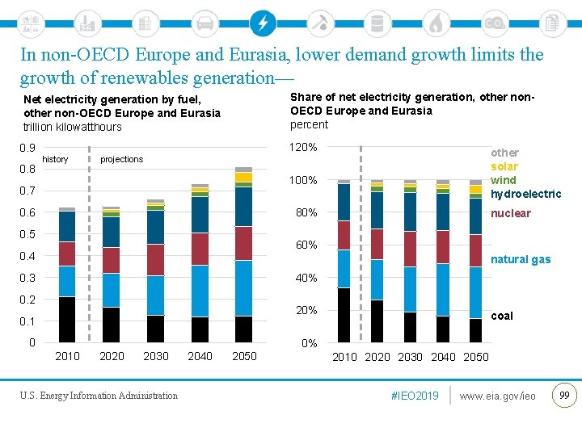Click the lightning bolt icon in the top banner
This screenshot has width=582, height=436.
pos(262,23)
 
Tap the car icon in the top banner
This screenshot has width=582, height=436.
pos(205,23)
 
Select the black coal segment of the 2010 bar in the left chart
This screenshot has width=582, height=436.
pos(67,320)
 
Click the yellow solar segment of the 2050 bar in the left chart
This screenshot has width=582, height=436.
pos(243,177)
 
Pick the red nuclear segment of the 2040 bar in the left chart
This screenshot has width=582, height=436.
pos(200,249)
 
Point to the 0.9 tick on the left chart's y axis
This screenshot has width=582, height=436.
pos(27,148)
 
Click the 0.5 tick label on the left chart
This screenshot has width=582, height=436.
pos(27,234)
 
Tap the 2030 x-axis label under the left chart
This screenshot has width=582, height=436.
pos(156,356)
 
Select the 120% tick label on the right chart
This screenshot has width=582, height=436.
pos(303,148)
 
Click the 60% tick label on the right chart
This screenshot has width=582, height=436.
pos(306,245)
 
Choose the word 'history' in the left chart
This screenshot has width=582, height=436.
pos(55,159)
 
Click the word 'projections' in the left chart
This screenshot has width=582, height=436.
pos(121,159)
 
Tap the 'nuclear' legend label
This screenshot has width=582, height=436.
pos(511,213)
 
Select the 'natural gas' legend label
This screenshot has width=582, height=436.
pos(521,259)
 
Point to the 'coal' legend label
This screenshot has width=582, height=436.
pos(502,316)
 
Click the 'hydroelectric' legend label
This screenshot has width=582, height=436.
pos(525,194)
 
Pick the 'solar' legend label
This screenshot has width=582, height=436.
pos(504,166)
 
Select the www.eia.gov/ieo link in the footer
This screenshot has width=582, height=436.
pos(497,396)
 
